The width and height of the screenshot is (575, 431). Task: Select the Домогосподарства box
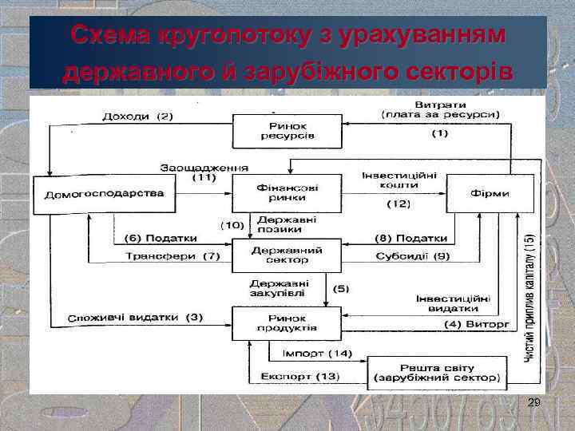click(x=104, y=194)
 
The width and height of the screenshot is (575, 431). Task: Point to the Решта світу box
click(x=436, y=371)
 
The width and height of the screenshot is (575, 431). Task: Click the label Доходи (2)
click(x=138, y=117)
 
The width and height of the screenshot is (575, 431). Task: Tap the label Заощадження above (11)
click(x=204, y=168)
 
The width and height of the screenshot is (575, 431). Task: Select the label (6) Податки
click(x=161, y=238)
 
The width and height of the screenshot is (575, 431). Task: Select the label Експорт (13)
click(x=300, y=376)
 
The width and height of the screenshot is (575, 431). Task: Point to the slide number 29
click(x=534, y=405)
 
